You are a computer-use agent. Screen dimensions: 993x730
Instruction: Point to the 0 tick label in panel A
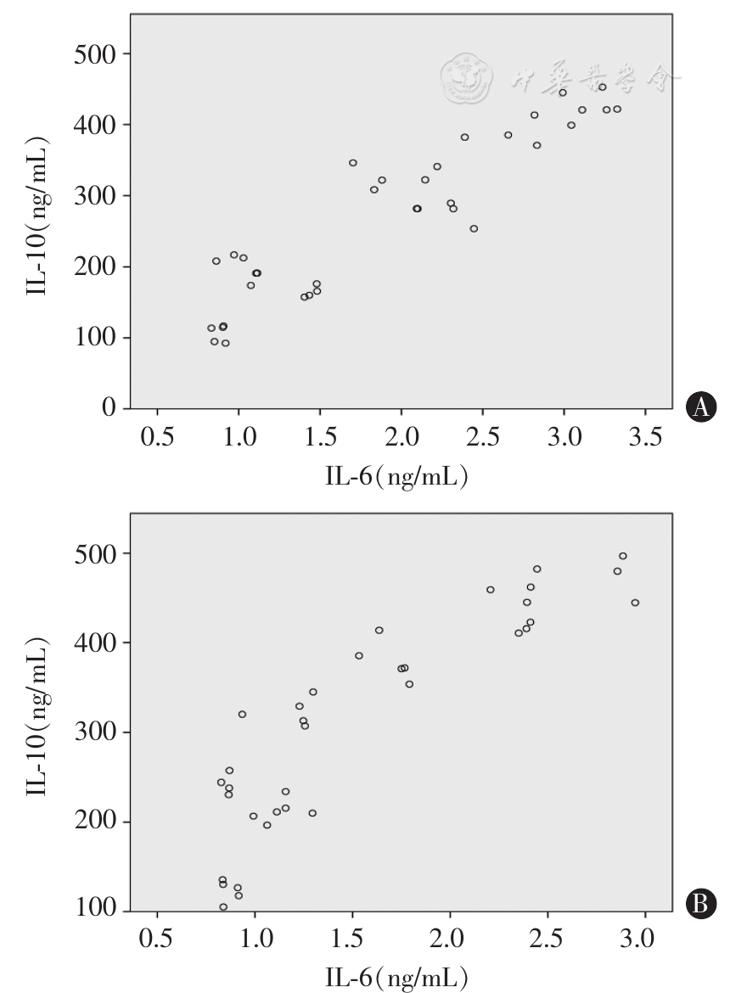[x=109, y=409]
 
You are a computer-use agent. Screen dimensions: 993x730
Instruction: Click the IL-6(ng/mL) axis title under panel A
[x=396, y=477]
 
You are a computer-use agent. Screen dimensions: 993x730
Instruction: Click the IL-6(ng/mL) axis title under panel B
[x=396, y=976]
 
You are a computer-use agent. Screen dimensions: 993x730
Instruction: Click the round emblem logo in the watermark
[x=466, y=78]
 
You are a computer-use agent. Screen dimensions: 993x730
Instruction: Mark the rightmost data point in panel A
[x=617, y=109]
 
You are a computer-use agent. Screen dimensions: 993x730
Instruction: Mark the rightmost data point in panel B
[x=635, y=603]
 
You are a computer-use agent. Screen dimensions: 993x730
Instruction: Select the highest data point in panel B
[x=623, y=556]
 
